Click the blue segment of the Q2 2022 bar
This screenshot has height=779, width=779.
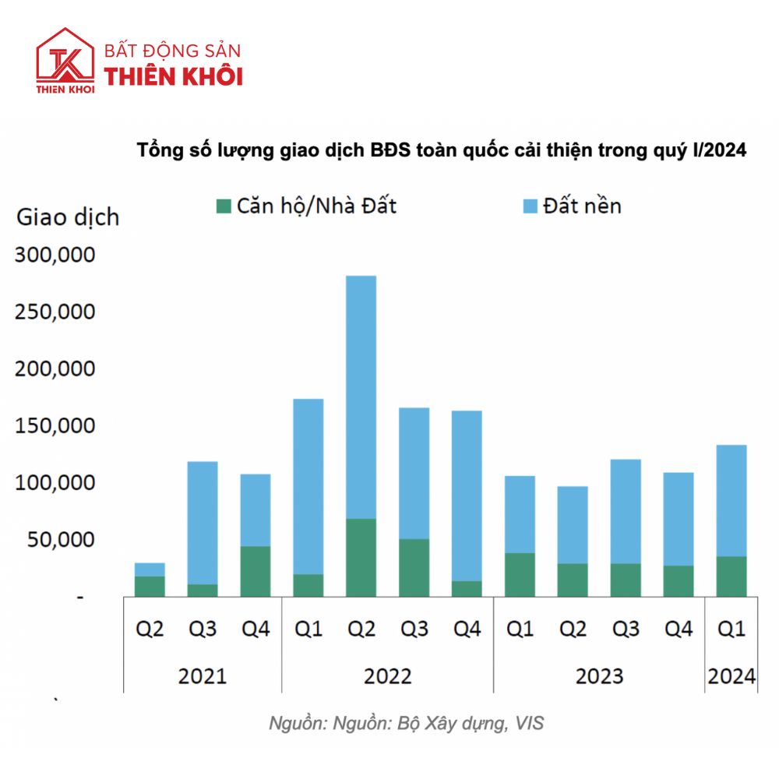pyautogui.click(x=361, y=397)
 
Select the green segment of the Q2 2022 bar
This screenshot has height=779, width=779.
pyautogui.click(x=361, y=557)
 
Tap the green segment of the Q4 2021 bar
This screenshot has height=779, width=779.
pyautogui.click(x=255, y=571)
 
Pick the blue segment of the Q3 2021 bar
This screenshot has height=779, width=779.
pyautogui.click(x=202, y=523)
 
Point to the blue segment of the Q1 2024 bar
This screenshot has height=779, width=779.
pyautogui.click(x=731, y=500)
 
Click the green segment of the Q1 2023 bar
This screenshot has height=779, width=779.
pyautogui.click(x=520, y=574)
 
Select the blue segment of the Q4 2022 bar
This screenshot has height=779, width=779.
pyautogui.click(x=467, y=495)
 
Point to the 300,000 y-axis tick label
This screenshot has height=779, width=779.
pyautogui.click(x=55, y=256)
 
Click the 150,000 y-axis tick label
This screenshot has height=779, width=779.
pyautogui.click(x=55, y=426)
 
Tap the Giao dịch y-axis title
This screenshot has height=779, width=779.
pyautogui.click(x=68, y=216)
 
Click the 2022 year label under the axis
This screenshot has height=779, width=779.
pyautogui.click(x=387, y=675)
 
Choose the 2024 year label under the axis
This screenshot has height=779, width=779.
pyautogui.click(x=731, y=675)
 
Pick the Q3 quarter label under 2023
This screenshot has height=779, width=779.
pyautogui.click(x=626, y=629)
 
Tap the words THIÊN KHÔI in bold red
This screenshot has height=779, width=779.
pyautogui.click(x=174, y=76)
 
